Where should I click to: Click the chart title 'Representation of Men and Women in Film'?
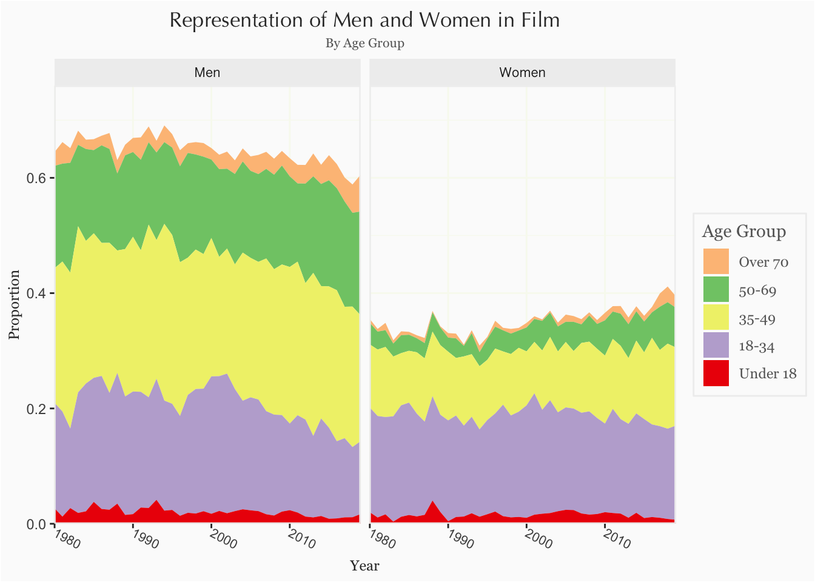click(x=364, y=20)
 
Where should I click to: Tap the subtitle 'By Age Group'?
click(x=364, y=43)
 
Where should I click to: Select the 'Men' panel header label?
click(x=207, y=73)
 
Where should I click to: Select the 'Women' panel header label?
click(x=522, y=73)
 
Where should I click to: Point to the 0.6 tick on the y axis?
click(x=37, y=178)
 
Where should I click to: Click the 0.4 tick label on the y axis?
click(x=37, y=293)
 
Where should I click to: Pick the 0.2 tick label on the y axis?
click(x=37, y=409)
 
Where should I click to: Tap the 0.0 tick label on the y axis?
click(x=37, y=524)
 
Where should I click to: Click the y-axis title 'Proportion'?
click(x=14, y=305)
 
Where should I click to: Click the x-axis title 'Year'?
click(x=364, y=566)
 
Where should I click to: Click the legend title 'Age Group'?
click(x=743, y=232)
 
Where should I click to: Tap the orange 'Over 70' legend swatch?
click(x=716, y=261)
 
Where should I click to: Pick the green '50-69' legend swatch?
click(x=716, y=289)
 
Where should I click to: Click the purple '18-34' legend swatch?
click(x=716, y=346)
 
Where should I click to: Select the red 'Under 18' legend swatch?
click(x=716, y=373)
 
